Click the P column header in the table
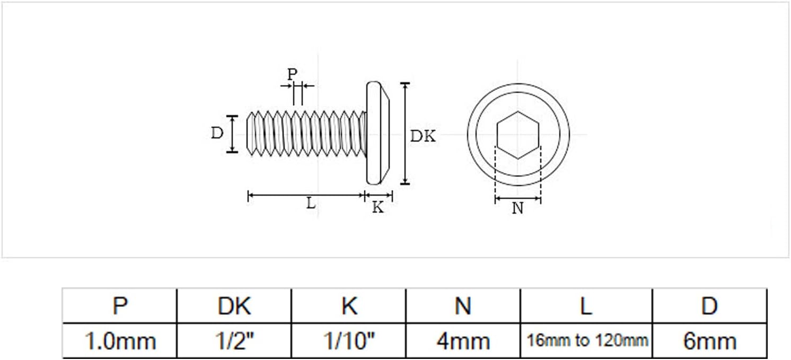click(120, 305)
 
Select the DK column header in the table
click(234, 305)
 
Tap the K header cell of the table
click(349, 305)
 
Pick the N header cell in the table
click(463, 305)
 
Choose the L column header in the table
click(586, 305)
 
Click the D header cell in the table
click(709, 305)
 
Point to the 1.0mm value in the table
click(120, 341)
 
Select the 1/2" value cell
click(234, 341)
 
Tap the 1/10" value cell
click(349, 341)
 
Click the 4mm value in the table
click(463, 341)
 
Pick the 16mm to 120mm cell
click(586, 341)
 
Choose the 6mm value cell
click(709, 341)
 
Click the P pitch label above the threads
click(292, 74)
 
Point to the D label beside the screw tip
click(217, 133)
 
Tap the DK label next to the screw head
click(423, 136)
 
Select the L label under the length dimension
click(311, 203)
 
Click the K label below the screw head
click(378, 207)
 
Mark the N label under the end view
click(517, 208)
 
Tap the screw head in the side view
click(378, 133)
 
